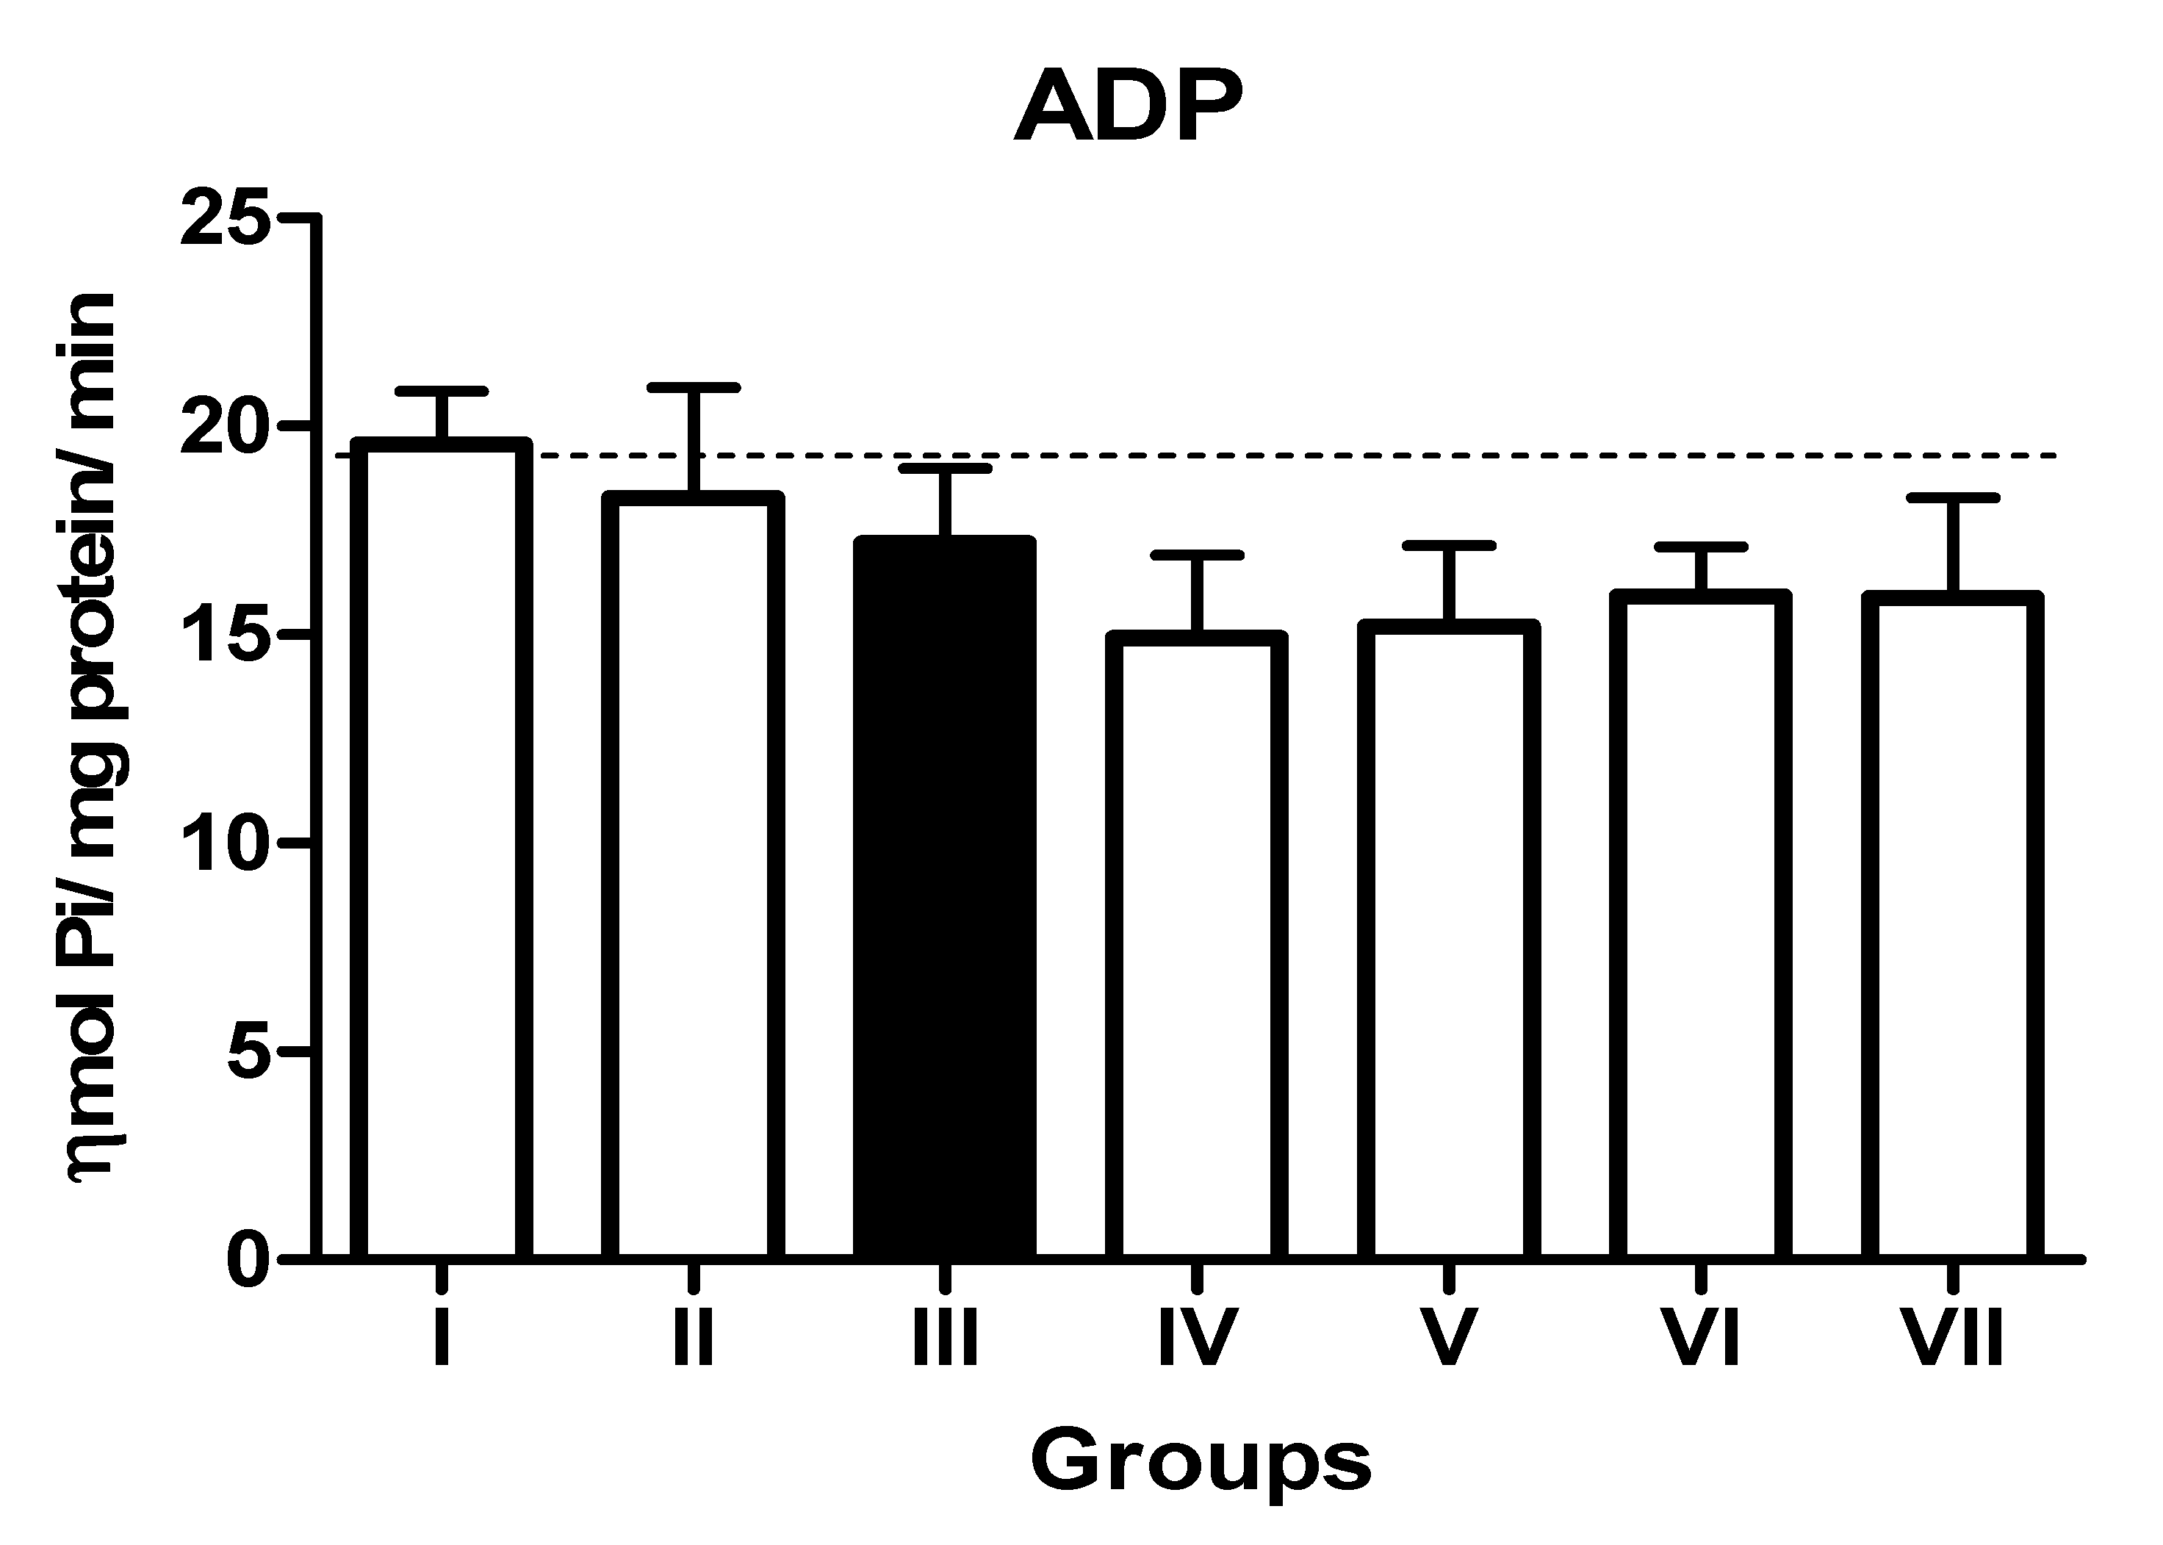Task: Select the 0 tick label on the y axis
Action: tap(248, 1260)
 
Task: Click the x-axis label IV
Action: tap(1197, 1336)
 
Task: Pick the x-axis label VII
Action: tap(1953, 1336)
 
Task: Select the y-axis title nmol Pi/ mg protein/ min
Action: tap(93, 738)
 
